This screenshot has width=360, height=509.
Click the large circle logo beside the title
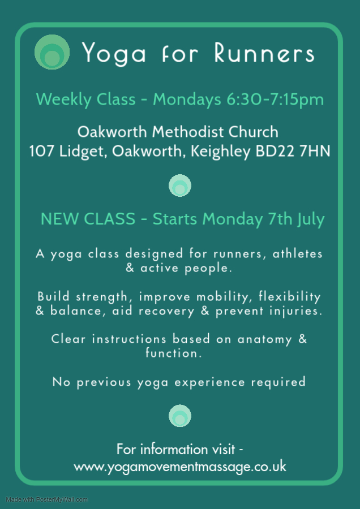click(x=52, y=52)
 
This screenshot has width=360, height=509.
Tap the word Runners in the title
click(x=264, y=52)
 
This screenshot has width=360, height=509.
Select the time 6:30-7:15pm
click(x=275, y=99)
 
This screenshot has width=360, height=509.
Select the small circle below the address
click(x=180, y=186)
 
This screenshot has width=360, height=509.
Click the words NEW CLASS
click(x=88, y=219)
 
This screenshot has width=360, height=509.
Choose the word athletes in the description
click(x=297, y=253)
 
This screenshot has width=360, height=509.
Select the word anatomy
click(x=264, y=340)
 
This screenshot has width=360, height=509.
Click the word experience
click(x=209, y=382)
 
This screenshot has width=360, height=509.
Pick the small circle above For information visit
click(x=180, y=416)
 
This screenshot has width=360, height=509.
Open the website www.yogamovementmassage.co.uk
click(x=180, y=467)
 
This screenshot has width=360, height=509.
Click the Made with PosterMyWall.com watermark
click(x=46, y=499)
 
